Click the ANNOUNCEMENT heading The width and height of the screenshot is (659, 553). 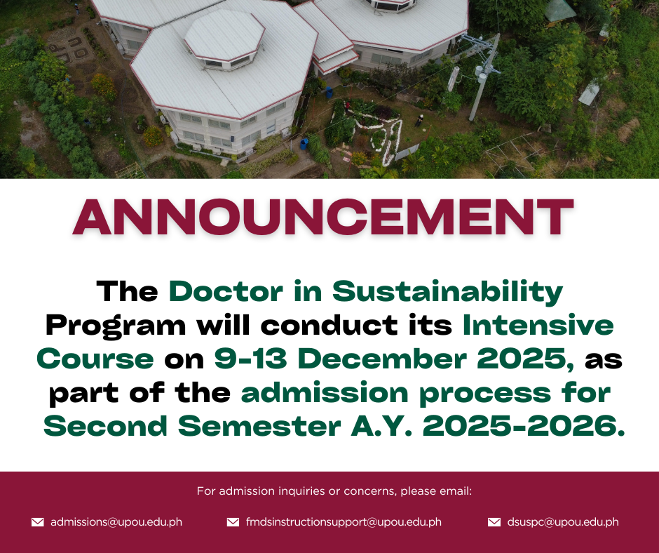[323, 217]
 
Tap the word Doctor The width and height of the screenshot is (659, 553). [226, 291]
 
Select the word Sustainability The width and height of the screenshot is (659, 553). [447, 293]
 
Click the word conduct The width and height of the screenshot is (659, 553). [329, 325]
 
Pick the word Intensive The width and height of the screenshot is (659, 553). [538, 325]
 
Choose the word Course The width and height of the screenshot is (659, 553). [95, 359]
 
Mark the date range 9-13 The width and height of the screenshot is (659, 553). [250, 359]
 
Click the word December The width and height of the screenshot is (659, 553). [382, 359]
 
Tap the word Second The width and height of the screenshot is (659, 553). [105, 426]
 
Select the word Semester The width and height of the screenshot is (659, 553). [259, 426]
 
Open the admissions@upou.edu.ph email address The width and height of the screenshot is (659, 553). [116, 522]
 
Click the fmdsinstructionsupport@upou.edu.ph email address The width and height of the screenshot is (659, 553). [344, 522]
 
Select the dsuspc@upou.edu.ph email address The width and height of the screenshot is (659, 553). [563, 522]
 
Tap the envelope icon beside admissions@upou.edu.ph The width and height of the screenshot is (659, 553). [38, 522]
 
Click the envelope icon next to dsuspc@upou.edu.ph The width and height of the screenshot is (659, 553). [494, 522]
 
